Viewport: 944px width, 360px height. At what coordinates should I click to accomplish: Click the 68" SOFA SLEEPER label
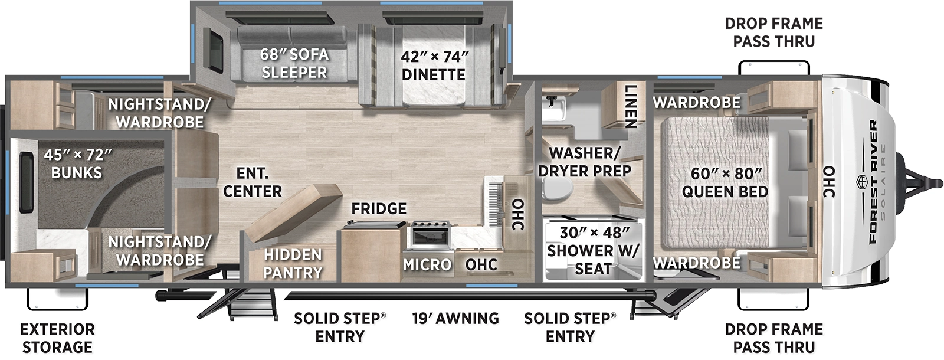pyautogui.click(x=294, y=63)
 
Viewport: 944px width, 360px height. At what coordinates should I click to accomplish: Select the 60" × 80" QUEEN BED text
pyautogui.click(x=725, y=183)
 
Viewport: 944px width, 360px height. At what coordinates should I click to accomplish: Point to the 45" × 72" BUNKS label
pyautogui.click(x=77, y=163)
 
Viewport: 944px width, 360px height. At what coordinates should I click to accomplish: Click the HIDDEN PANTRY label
pyautogui.click(x=293, y=263)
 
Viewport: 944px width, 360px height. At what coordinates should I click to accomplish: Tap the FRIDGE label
pyautogui.click(x=379, y=209)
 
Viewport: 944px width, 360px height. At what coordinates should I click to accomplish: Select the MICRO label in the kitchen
pyautogui.click(x=427, y=265)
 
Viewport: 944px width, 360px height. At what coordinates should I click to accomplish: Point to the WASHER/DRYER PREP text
pyautogui.click(x=584, y=162)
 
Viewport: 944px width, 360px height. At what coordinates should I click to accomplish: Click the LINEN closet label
pyautogui.click(x=630, y=106)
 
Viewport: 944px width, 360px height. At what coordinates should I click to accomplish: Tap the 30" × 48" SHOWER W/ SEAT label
pyautogui.click(x=593, y=250)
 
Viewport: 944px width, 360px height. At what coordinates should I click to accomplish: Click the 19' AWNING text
pyautogui.click(x=455, y=319)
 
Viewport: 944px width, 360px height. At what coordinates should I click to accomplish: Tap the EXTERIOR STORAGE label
pyautogui.click(x=57, y=338)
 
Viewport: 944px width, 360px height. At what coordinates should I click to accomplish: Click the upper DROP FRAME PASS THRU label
pyautogui.click(x=773, y=32)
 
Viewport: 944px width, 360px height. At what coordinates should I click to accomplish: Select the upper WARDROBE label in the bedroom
pyautogui.click(x=696, y=103)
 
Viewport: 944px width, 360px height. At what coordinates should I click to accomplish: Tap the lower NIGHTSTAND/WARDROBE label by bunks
pyautogui.click(x=159, y=251)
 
